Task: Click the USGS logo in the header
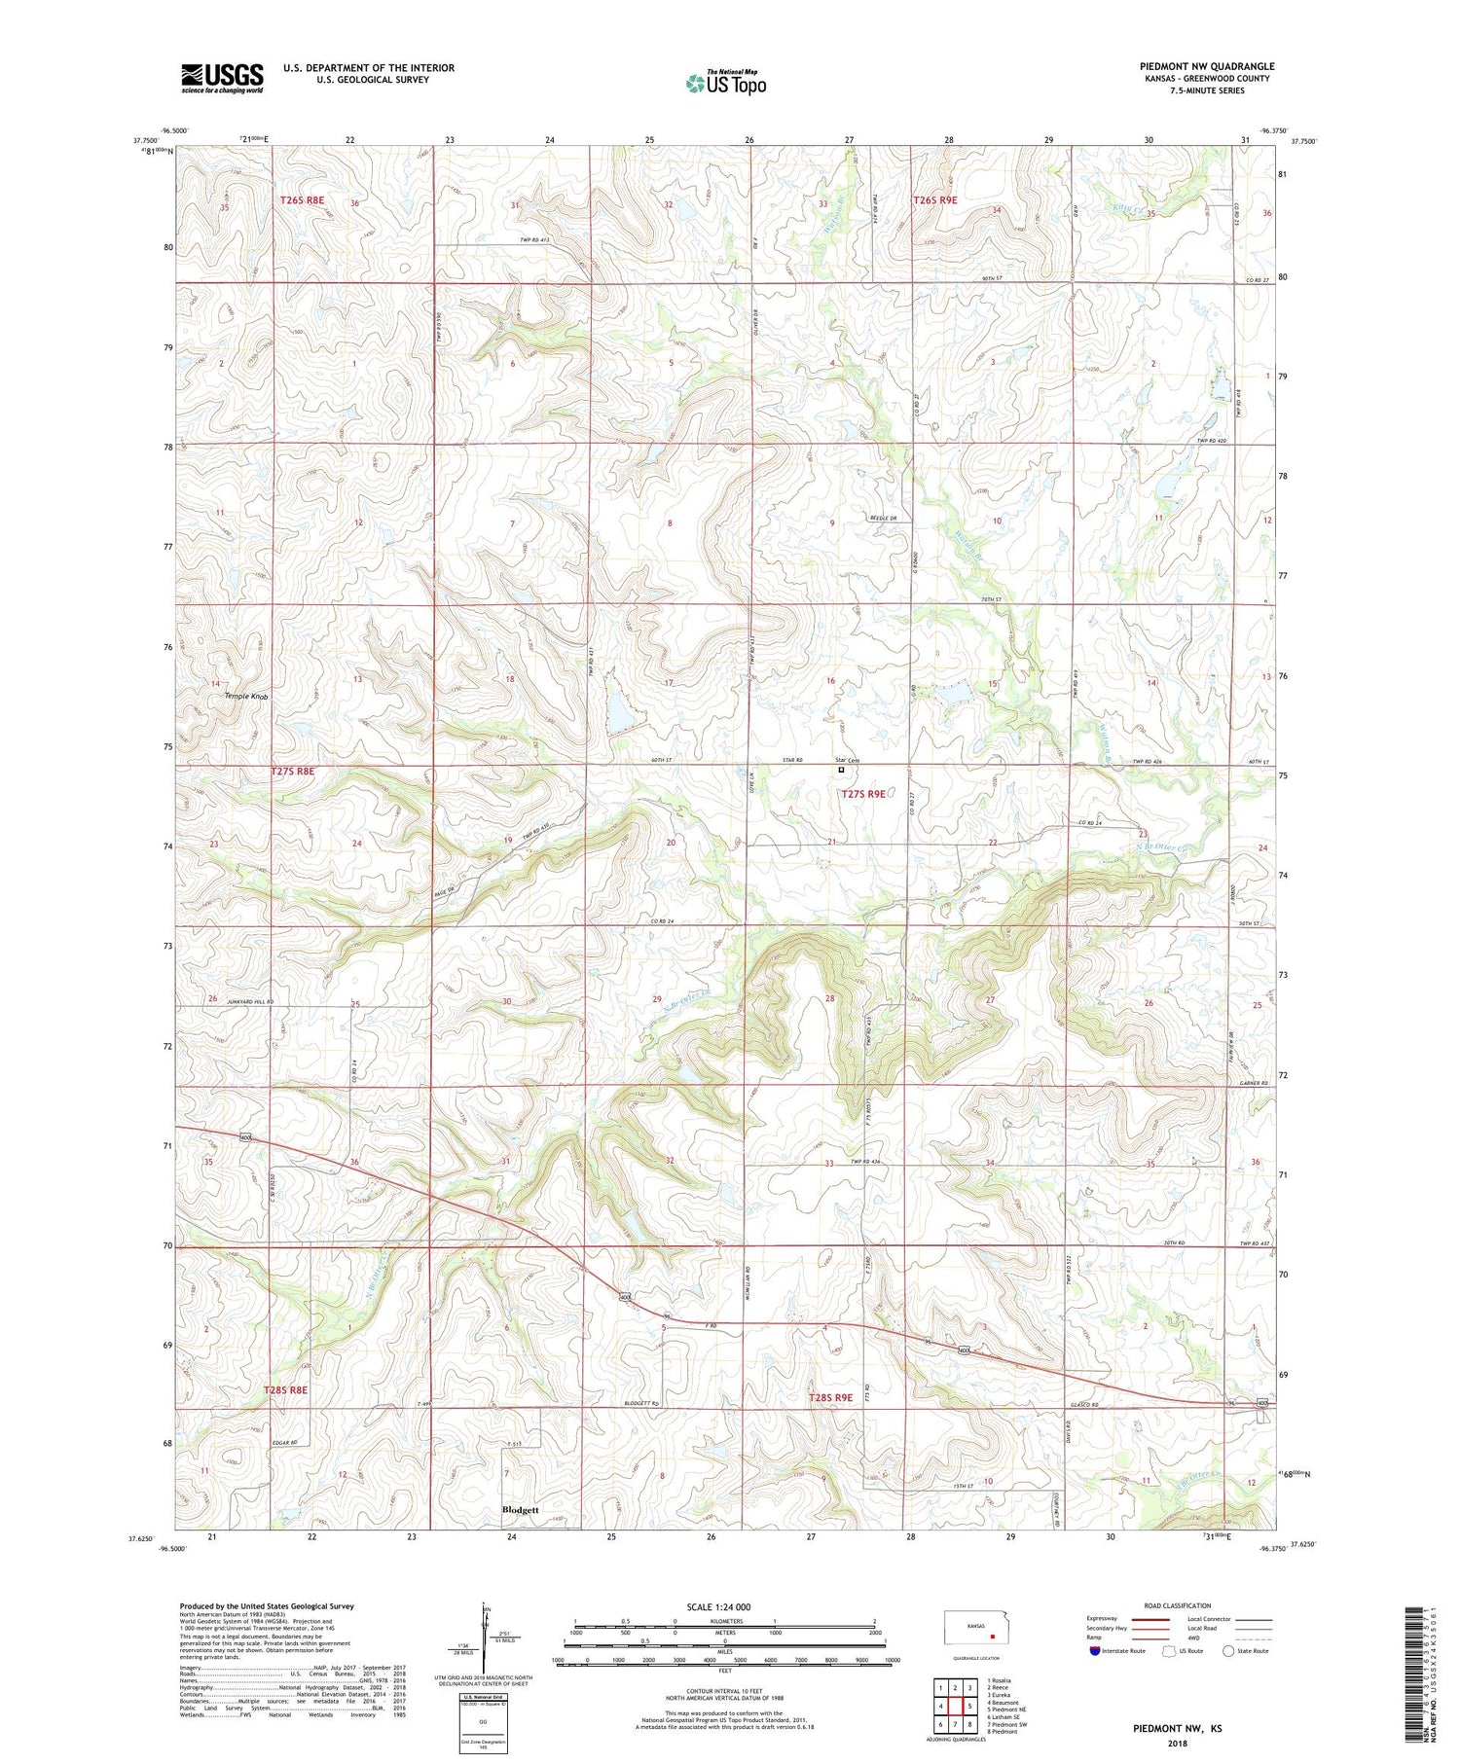pyautogui.click(x=222, y=78)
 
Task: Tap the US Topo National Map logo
pyautogui.click(x=725, y=84)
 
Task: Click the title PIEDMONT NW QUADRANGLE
pyautogui.click(x=1207, y=66)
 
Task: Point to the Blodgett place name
pyautogui.click(x=520, y=1510)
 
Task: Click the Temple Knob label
pyautogui.click(x=245, y=697)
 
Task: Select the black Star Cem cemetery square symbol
pyautogui.click(x=842, y=770)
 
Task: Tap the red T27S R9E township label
pyautogui.click(x=863, y=794)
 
